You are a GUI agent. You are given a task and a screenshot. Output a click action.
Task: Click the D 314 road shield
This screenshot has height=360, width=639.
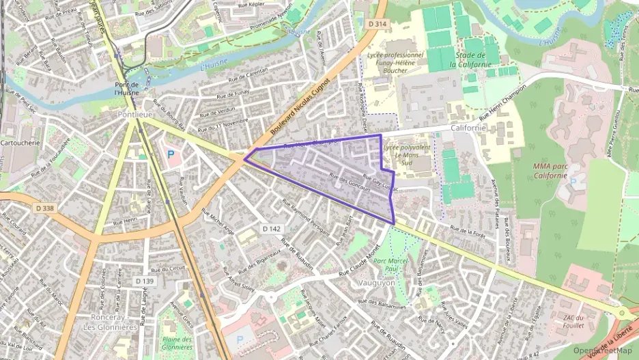[x=377, y=24]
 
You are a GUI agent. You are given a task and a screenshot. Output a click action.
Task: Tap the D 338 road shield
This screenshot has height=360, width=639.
[x=45, y=208]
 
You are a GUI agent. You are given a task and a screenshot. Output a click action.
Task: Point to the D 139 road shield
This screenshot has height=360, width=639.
[x=144, y=281]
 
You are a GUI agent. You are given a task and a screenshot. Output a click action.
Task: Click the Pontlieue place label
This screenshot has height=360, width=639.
[x=134, y=115]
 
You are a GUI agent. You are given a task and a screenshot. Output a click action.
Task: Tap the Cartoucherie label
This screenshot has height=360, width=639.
[x=22, y=143]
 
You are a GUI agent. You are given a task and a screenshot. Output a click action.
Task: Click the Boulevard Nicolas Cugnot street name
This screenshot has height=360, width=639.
[x=300, y=105]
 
